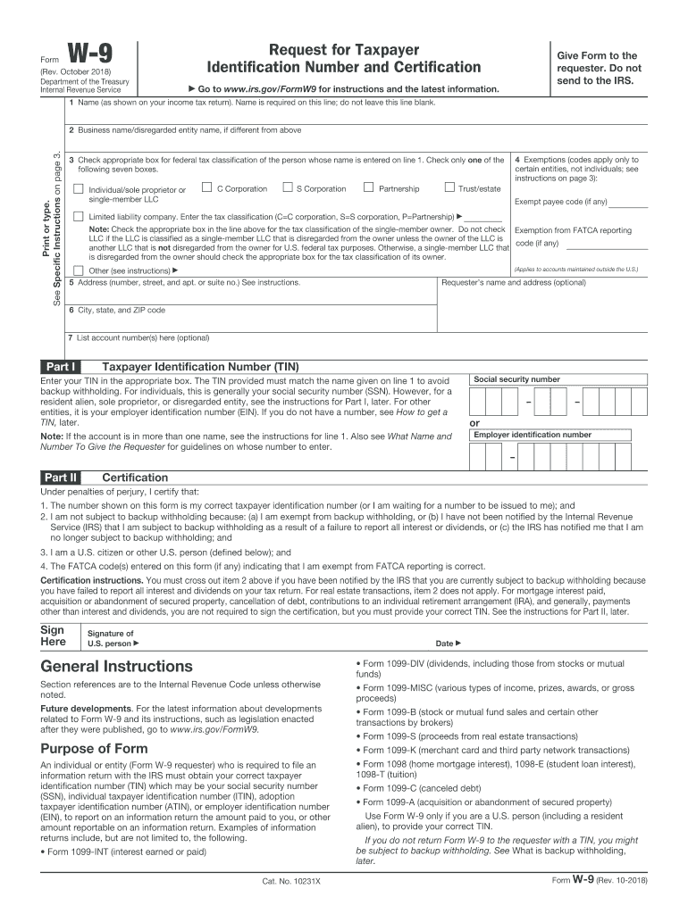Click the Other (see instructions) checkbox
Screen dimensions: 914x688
pos(79,270)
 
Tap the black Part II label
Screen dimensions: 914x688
pos(62,478)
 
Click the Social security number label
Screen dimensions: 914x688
pos(516,379)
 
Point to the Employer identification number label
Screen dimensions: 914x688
pos(532,435)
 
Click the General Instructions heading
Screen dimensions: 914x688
pos(116,667)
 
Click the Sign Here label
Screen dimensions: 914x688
pos(53,635)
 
